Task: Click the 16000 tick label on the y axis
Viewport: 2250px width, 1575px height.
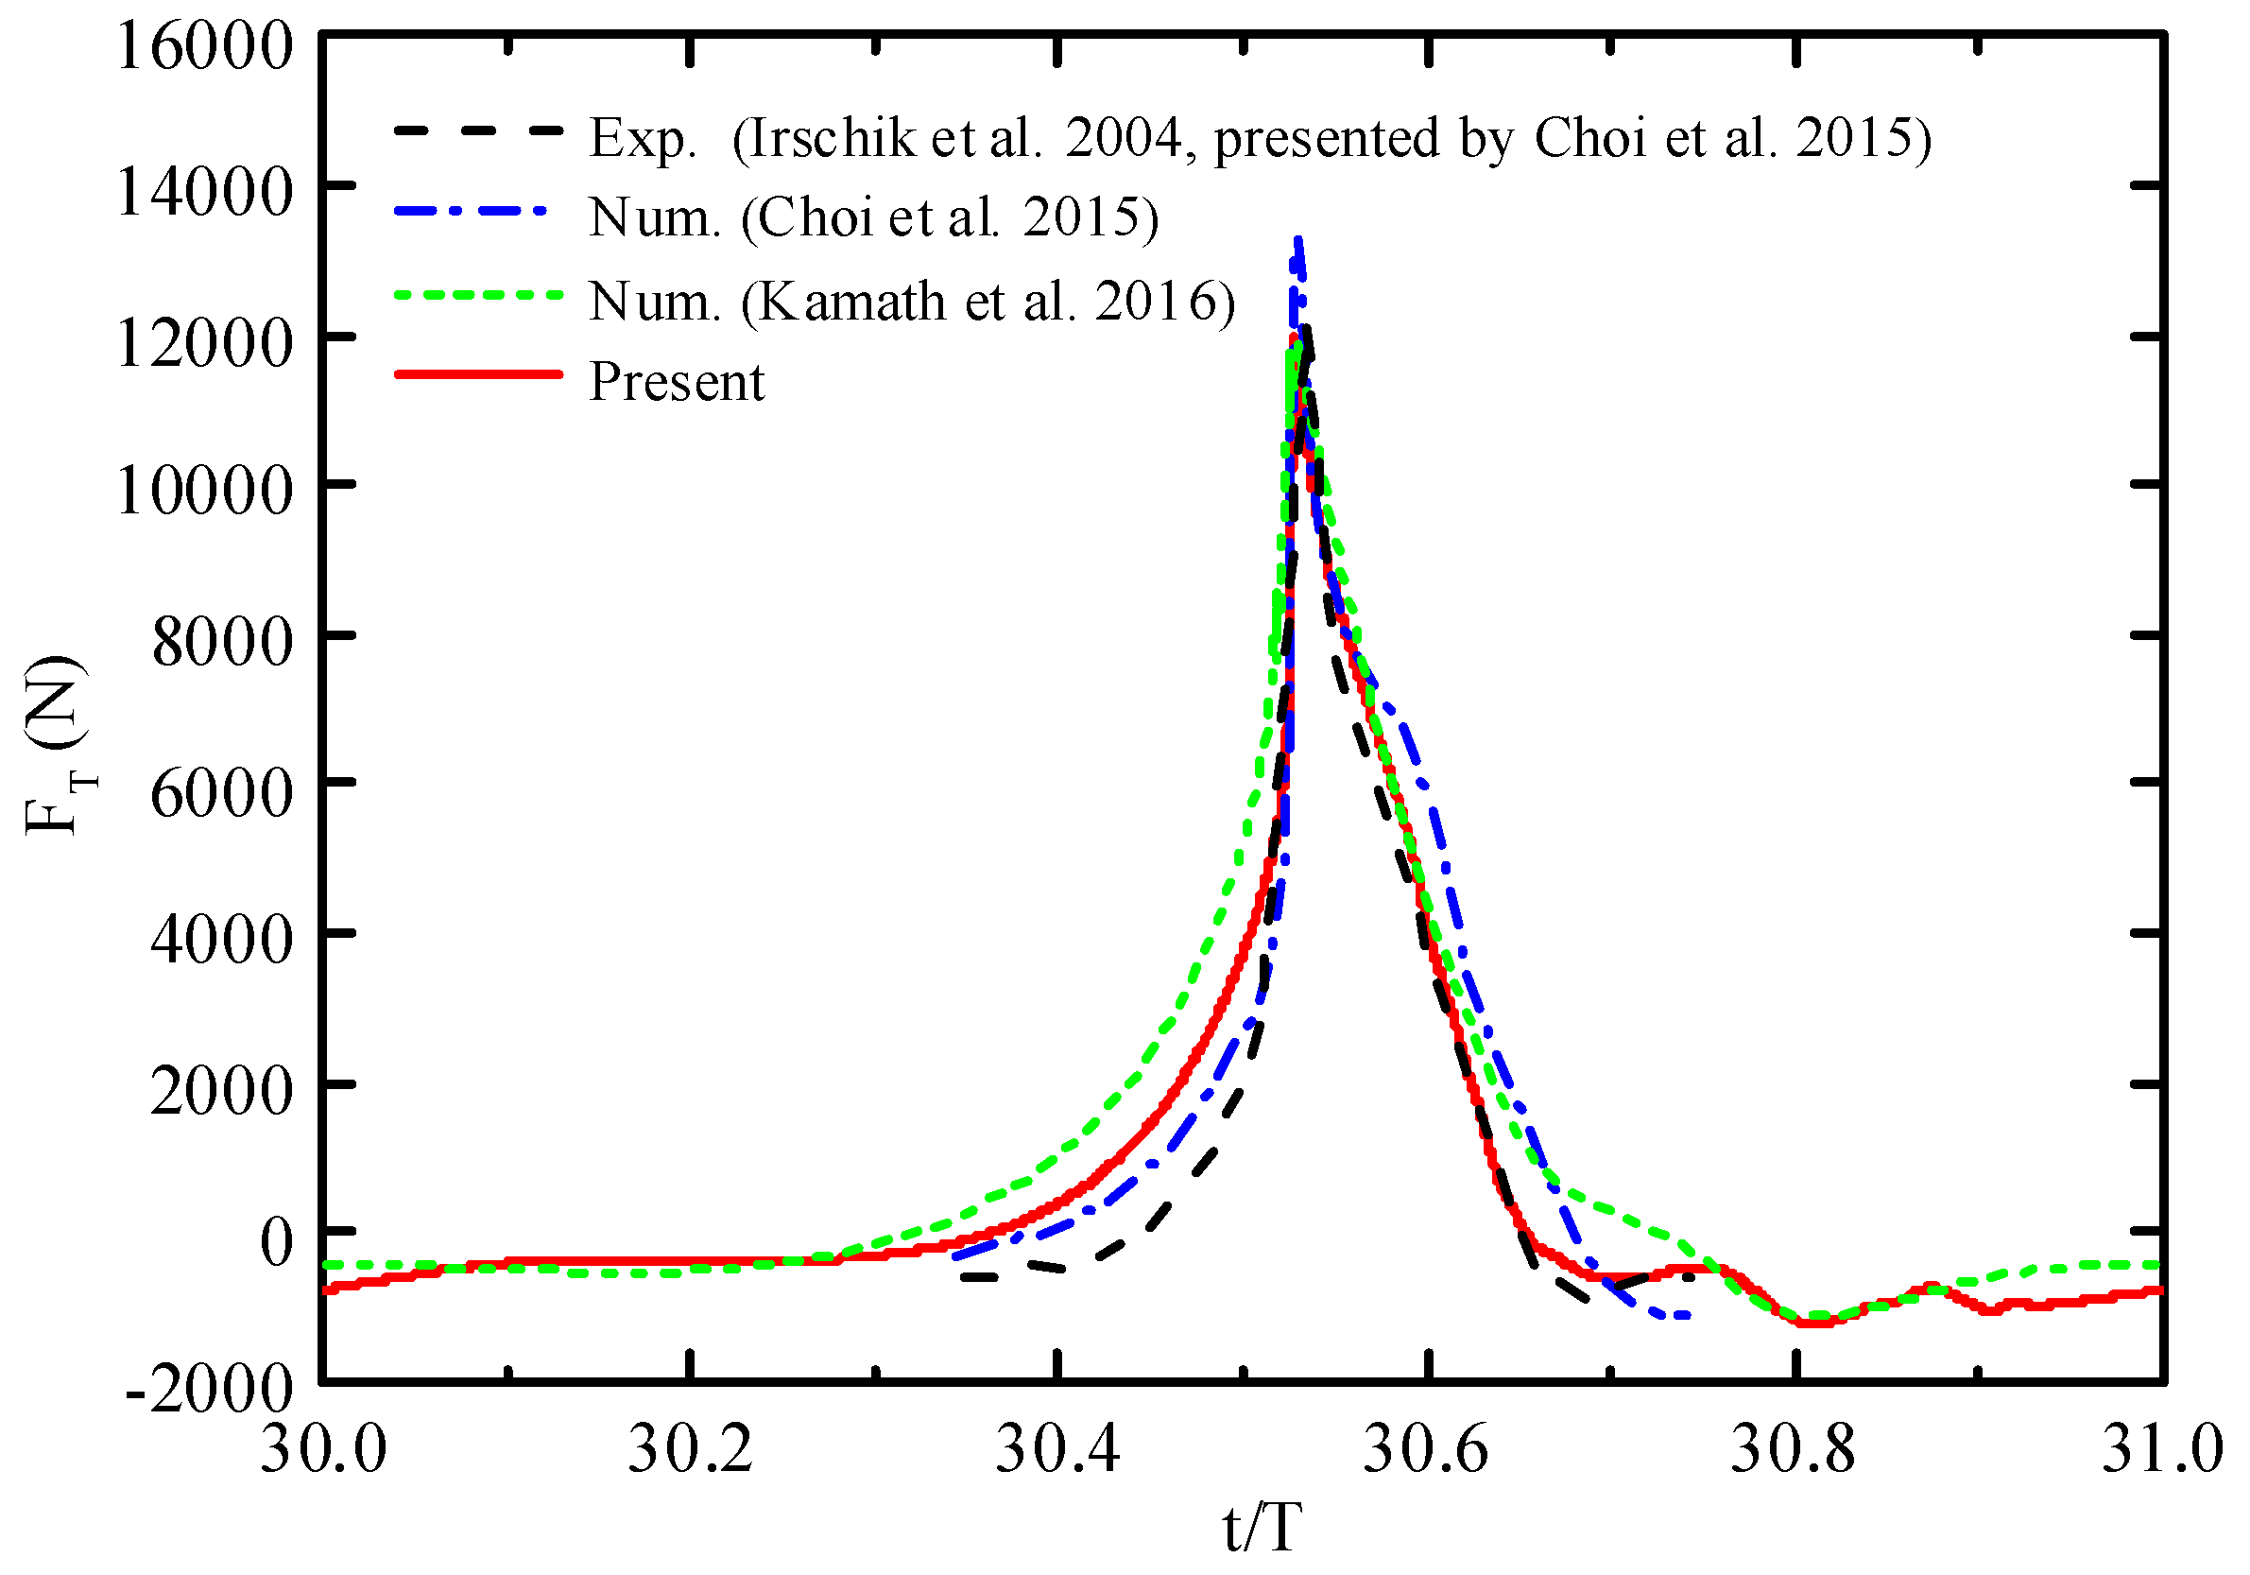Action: (205, 45)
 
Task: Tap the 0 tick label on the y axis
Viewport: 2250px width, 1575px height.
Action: (276, 1239)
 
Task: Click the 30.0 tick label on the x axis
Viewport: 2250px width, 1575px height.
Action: (323, 1449)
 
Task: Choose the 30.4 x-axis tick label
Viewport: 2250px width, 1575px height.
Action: (1057, 1449)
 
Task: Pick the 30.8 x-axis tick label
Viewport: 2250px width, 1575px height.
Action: (1794, 1449)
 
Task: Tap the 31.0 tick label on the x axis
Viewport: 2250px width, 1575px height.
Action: (2162, 1449)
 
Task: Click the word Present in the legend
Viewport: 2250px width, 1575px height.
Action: (677, 381)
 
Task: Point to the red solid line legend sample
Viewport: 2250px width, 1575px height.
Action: (478, 374)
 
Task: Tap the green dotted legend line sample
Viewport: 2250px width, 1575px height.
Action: (478, 294)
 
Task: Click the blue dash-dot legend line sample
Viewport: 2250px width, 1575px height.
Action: (478, 210)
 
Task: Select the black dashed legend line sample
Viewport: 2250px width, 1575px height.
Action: (478, 130)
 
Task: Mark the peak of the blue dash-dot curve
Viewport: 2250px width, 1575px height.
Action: (1297, 240)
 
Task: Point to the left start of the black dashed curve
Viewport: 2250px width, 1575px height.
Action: (964, 1277)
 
